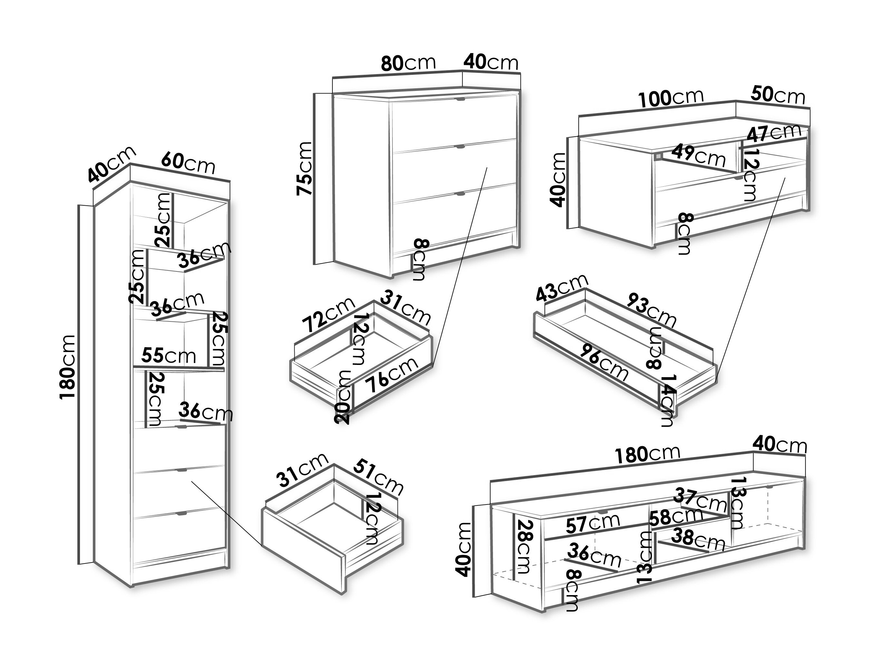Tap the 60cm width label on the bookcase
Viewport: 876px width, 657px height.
pyautogui.click(x=188, y=163)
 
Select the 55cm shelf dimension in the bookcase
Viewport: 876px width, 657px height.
pyautogui.click(x=169, y=355)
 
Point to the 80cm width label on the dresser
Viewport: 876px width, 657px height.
pyautogui.click(x=408, y=63)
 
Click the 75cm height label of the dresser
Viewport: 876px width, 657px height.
pyautogui.click(x=305, y=168)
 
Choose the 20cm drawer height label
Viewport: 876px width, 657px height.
pyautogui.click(x=342, y=397)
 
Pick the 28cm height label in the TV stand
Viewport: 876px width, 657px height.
pyautogui.click(x=524, y=546)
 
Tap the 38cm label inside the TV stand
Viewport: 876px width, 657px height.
pyautogui.click(x=698, y=539)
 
